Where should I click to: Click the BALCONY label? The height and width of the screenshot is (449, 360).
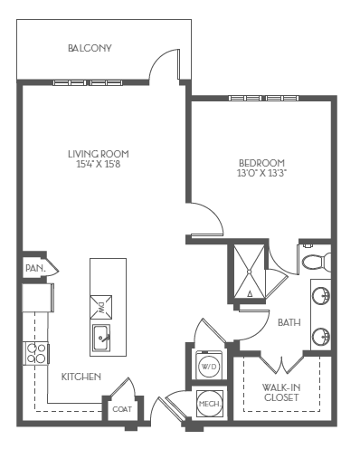[90, 48]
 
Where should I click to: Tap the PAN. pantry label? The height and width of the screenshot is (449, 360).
[34, 268]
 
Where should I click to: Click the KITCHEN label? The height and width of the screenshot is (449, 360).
[81, 376]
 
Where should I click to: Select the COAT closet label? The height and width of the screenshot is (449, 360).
[121, 408]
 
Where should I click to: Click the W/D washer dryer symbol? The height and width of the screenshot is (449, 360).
[208, 367]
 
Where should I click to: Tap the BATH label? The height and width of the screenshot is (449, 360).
[289, 321]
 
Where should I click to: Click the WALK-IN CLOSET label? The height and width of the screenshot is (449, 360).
[282, 392]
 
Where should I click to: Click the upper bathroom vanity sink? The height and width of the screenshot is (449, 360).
[320, 295]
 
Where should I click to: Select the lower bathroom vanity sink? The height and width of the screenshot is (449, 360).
[320, 338]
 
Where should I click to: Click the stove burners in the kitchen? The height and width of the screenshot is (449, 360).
[35, 353]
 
